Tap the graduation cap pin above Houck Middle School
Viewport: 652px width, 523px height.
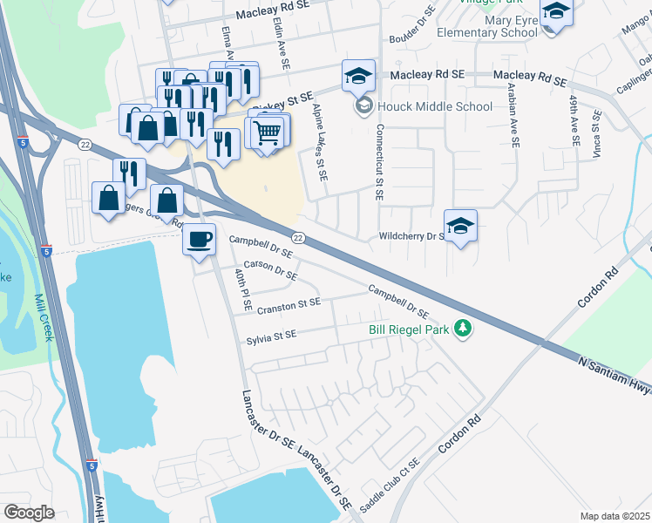coord(358,76)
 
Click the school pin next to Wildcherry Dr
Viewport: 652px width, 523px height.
coord(460,226)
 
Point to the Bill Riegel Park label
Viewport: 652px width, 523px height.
coord(408,329)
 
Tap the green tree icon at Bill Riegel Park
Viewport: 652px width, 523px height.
coord(465,329)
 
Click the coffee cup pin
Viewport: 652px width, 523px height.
coord(199,239)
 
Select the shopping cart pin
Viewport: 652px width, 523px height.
coord(267,132)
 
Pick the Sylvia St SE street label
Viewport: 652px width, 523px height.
coord(271,333)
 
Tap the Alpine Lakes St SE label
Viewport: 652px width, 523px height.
coord(319,142)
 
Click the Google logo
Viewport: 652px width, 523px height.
coord(30,512)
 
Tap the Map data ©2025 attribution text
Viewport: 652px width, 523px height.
coord(615,516)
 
